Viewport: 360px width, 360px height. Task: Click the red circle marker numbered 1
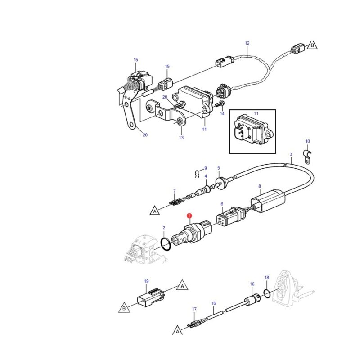(x=189, y=216)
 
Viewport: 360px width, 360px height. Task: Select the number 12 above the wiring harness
(x=247, y=43)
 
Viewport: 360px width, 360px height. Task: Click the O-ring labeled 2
(x=166, y=243)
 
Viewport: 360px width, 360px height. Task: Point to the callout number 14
(x=222, y=114)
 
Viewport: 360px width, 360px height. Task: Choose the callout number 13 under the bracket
(x=181, y=138)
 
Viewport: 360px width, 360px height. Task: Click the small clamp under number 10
(x=308, y=157)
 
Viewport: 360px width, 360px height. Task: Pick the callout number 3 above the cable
(x=291, y=154)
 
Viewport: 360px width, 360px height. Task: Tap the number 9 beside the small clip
(x=205, y=168)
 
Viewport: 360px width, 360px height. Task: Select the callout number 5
(x=218, y=168)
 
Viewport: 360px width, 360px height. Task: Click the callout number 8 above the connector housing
(x=259, y=186)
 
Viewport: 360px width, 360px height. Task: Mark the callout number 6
(x=222, y=204)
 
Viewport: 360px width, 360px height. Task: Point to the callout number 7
(x=174, y=191)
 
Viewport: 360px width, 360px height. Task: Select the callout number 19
(x=146, y=281)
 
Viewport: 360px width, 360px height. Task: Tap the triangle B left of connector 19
(x=123, y=309)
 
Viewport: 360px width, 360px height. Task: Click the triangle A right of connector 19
(x=182, y=285)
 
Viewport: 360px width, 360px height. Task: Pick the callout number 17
(x=194, y=309)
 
